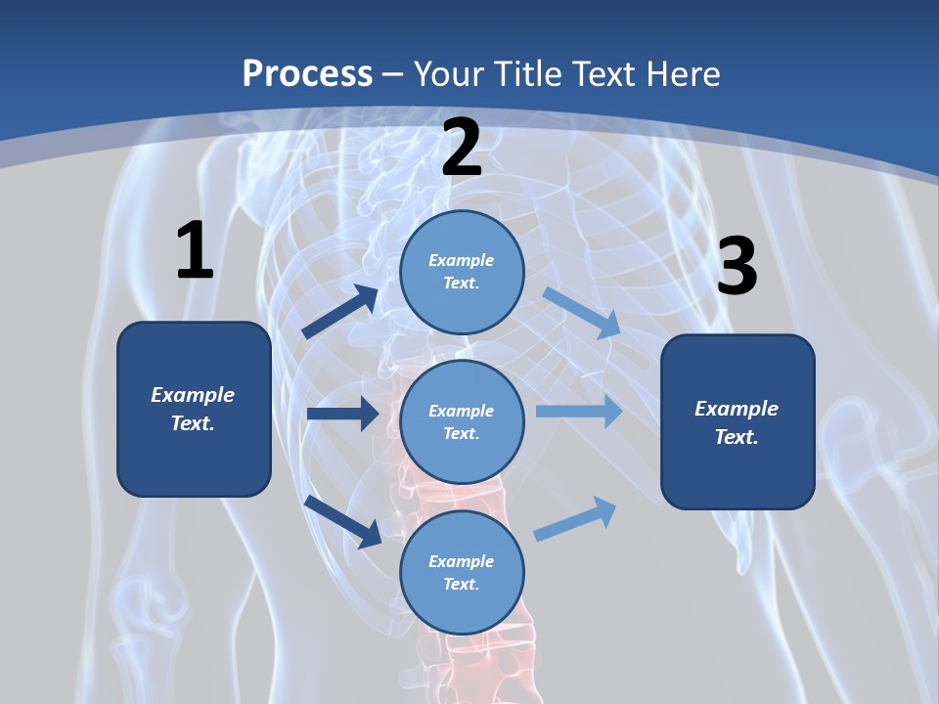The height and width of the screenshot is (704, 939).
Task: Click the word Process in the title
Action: point(307,73)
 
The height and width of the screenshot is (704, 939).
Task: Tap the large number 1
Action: point(195,251)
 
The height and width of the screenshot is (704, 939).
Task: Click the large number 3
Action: point(737,267)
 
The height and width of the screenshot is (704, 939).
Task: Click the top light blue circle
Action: point(462,272)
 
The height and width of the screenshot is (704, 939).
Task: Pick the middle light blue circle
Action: point(462,422)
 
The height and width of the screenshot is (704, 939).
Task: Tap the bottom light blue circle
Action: point(462,573)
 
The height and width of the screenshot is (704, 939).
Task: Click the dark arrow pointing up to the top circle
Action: point(340,312)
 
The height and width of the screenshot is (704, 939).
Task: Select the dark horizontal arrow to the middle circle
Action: point(342,414)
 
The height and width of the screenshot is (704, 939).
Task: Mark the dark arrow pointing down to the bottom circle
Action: point(343,520)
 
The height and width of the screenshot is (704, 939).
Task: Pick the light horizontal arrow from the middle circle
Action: point(578,412)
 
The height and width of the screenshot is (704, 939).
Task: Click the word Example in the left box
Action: point(193,395)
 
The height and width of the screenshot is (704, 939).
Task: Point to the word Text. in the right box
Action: point(737,437)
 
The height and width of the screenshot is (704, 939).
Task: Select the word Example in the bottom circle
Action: point(462,561)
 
